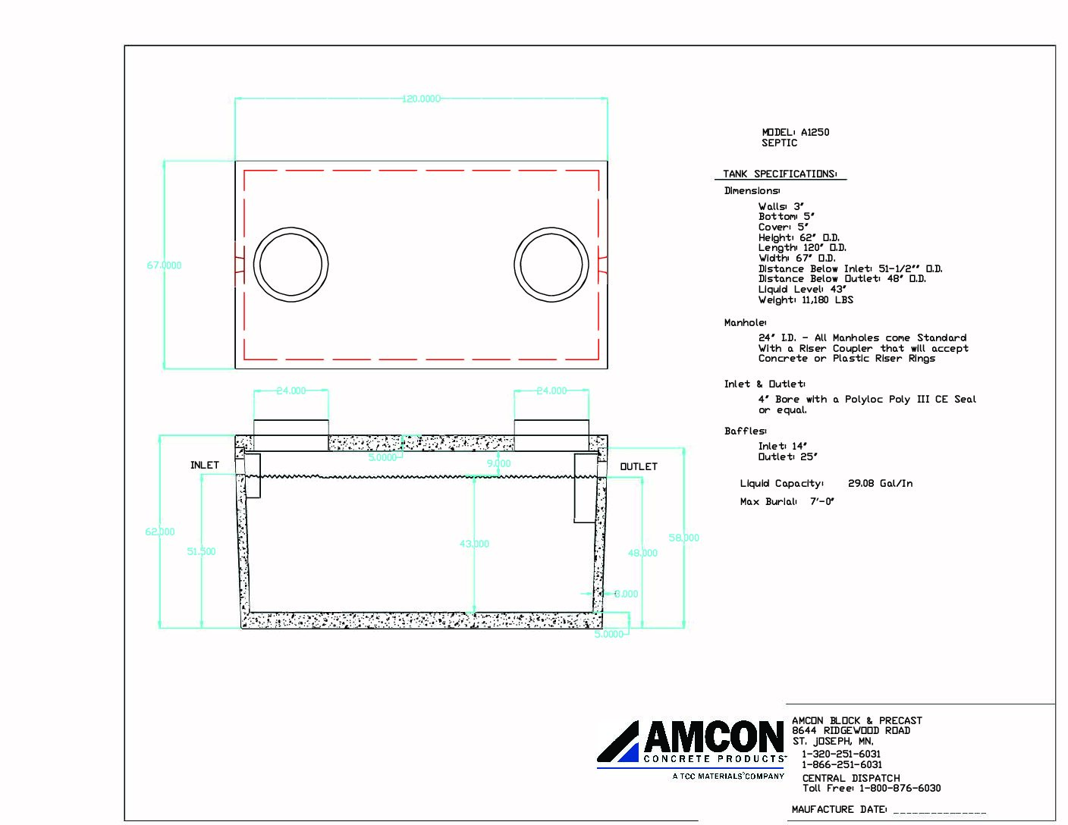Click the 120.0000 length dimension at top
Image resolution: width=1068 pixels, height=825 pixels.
pos(421,99)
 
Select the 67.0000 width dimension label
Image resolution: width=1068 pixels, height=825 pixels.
pos(164,265)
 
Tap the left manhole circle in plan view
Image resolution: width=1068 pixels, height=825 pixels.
pos(291,265)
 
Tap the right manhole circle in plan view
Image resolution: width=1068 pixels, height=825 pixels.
pos(551,265)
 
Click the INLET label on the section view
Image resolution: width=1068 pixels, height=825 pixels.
pos(204,465)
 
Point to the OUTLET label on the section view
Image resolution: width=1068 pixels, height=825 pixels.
pos(639,466)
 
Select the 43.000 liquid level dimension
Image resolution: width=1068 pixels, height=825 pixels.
pos(474,544)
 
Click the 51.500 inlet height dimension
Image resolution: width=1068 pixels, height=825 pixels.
pos(201,551)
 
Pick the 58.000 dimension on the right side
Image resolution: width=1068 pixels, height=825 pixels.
pos(683,538)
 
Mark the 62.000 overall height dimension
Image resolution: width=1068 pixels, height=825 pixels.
pos(160,532)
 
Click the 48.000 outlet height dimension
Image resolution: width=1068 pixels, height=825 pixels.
pos(642,553)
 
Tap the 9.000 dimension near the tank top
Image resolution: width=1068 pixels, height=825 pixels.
pos(498,463)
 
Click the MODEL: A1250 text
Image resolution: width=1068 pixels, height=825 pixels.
pos(795,132)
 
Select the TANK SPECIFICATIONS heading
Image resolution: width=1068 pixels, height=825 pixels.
pos(780,174)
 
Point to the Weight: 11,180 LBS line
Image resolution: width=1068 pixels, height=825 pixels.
pos(806,300)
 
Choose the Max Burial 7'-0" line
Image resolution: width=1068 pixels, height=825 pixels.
pos(787,501)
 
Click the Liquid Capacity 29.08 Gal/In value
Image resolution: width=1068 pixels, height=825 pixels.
pos(880,483)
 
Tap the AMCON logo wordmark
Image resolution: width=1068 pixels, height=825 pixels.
pos(713,737)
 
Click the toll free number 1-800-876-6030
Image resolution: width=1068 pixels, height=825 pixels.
pos(900,788)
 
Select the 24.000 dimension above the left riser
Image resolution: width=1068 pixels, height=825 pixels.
pos(291,391)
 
